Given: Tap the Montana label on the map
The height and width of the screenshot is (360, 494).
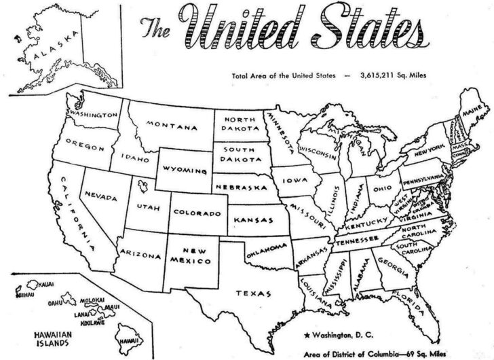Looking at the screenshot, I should pyautogui.click(x=174, y=127).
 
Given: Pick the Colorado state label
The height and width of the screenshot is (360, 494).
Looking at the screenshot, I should pyautogui.click(x=197, y=213).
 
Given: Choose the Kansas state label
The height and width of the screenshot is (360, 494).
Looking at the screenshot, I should pyautogui.click(x=252, y=220).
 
